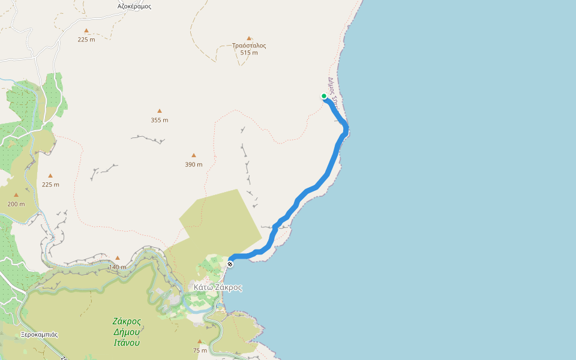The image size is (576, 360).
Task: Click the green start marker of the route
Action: [x=324, y=96]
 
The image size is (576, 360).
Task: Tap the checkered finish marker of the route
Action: [x=230, y=263]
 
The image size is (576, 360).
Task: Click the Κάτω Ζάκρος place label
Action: [x=218, y=287]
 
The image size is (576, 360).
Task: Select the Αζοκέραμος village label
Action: [x=134, y=7]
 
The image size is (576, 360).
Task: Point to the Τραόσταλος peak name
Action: [x=249, y=45]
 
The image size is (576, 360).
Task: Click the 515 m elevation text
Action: [x=249, y=53]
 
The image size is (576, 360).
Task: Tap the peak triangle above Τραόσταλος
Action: [x=249, y=37]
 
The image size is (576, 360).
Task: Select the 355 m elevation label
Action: [x=160, y=120]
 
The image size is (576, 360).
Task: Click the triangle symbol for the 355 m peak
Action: [x=160, y=111]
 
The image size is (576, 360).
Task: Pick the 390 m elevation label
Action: [x=194, y=164]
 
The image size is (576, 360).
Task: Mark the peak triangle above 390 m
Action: [x=194, y=155]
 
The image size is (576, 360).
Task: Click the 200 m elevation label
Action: [x=16, y=204]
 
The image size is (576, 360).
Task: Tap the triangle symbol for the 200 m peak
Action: [x=16, y=195]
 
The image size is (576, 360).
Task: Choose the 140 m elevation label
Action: [x=118, y=267]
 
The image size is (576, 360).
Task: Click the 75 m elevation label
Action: [x=200, y=350]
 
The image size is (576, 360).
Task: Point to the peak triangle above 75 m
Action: [x=200, y=341]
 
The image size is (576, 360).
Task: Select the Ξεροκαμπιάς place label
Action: [x=39, y=334]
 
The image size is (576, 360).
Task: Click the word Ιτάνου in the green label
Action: [x=127, y=343]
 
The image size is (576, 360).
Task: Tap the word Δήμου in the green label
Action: [x=127, y=332]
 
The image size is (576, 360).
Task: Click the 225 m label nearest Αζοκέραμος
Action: [x=86, y=40]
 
